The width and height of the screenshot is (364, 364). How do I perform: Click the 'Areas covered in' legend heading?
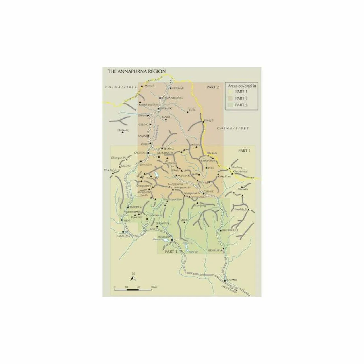pyautogui.click(x=241, y=86)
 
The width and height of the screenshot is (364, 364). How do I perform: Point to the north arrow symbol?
pyautogui.click(x=133, y=276)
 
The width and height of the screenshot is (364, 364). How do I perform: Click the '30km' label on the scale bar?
pyautogui.click(x=154, y=286)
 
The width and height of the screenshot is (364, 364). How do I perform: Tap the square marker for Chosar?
pyautogui.click(x=171, y=88)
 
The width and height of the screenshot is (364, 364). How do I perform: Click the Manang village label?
pyautogui.click(x=183, y=176)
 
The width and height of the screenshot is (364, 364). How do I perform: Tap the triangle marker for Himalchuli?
pyautogui.click(x=249, y=210)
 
